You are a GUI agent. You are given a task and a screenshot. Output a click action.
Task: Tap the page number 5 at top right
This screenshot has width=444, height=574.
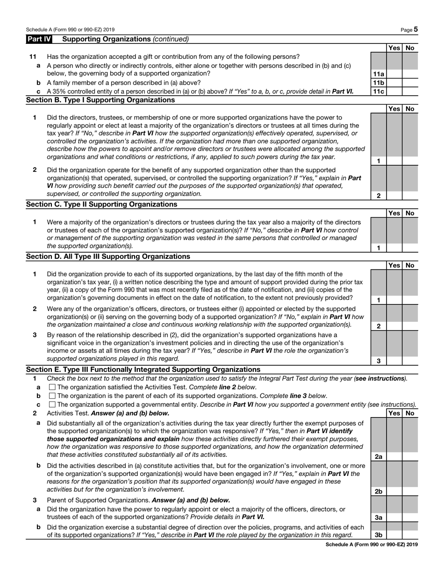[415, 29]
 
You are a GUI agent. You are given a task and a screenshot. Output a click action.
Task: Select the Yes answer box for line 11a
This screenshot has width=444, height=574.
[394, 74]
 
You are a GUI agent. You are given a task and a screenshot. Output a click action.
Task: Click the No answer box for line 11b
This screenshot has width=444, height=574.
[410, 83]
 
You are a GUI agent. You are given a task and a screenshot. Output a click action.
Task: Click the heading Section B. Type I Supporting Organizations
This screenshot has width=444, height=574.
[100, 100]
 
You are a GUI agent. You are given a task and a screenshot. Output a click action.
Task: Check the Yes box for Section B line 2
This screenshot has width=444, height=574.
[394, 196]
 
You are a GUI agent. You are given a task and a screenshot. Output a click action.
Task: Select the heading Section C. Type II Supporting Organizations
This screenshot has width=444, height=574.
[101, 204]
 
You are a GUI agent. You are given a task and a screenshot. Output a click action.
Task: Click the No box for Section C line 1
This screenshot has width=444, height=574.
[410, 248]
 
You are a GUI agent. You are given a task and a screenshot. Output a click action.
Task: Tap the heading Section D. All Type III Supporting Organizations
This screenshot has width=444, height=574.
[108, 256]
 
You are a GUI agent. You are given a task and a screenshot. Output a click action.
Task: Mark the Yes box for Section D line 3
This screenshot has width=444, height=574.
[394, 361]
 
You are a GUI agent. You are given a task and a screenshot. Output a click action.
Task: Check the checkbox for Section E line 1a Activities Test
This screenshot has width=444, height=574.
[52, 387]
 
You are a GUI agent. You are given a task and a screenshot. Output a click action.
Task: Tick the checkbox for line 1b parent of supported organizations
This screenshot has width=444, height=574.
[52, 396]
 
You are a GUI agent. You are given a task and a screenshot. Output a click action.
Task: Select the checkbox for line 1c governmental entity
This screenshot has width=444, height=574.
[52, 404]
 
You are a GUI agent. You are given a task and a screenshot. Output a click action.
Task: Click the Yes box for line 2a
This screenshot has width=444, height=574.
[394, 457]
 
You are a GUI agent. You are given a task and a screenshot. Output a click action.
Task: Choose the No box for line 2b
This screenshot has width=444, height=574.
[410, 491]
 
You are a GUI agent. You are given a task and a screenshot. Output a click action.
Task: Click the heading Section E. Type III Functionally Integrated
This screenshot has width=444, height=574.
[143, 369]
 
